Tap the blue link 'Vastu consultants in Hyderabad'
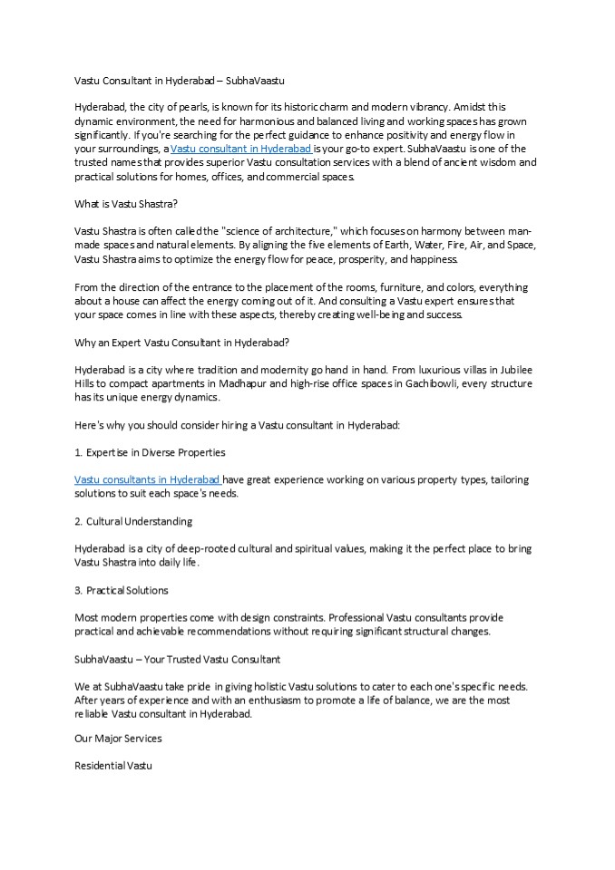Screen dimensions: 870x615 [147, 479]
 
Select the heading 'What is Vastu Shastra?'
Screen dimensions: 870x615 [126, 204]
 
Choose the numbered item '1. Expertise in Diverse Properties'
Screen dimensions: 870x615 [150, 452]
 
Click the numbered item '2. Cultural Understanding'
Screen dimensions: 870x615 [133, 521]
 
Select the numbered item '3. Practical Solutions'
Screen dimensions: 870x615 [122, 590]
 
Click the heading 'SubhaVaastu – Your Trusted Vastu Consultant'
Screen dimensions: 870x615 [177, 659]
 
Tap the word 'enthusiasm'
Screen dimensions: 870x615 [271, 701]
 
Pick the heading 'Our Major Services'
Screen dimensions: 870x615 [118, 739]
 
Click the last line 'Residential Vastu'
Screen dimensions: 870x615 [112, 767]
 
